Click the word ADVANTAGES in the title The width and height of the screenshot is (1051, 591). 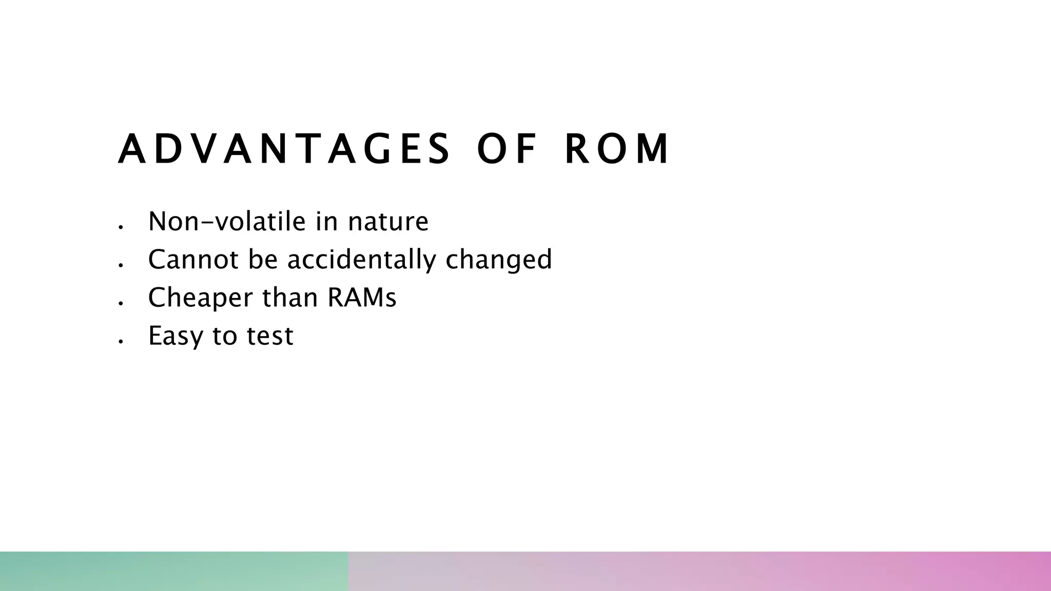284,149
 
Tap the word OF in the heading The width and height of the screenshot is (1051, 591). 507,149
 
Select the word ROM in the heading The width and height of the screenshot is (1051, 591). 617,149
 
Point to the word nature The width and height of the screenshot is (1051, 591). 388,222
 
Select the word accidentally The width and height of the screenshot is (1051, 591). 361,260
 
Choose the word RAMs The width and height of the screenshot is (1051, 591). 362,298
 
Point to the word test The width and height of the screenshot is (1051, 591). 270,337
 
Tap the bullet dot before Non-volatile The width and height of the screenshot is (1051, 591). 121,227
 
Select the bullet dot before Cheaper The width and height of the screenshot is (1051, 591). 121,303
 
